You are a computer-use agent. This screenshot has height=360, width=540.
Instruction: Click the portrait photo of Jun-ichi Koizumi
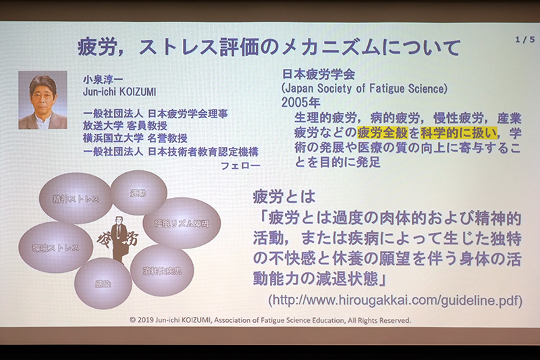pyautogui.click(x=43, y=99)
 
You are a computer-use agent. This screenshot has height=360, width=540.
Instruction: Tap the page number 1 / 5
pyautogui.click(x=524, y=40)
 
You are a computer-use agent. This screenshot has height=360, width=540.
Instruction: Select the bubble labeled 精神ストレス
pyautogui.click(x=75, y=199)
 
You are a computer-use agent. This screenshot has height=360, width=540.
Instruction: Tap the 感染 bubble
pyautogui.click(x=103, y=284)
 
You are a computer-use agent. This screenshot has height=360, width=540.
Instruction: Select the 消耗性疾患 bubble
pyautogui.click(x=162, y=270)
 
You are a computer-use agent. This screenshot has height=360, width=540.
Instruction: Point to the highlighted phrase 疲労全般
pyautogui.click(x=382, y=132)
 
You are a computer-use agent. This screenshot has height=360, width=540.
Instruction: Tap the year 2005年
pyautogui.click(x=300, y=103)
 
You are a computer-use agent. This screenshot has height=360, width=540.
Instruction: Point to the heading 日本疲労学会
pyautogui.click(x=317, y=74)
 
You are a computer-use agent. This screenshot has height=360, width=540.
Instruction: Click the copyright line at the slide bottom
pyautogui.click(x=270, y=321)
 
